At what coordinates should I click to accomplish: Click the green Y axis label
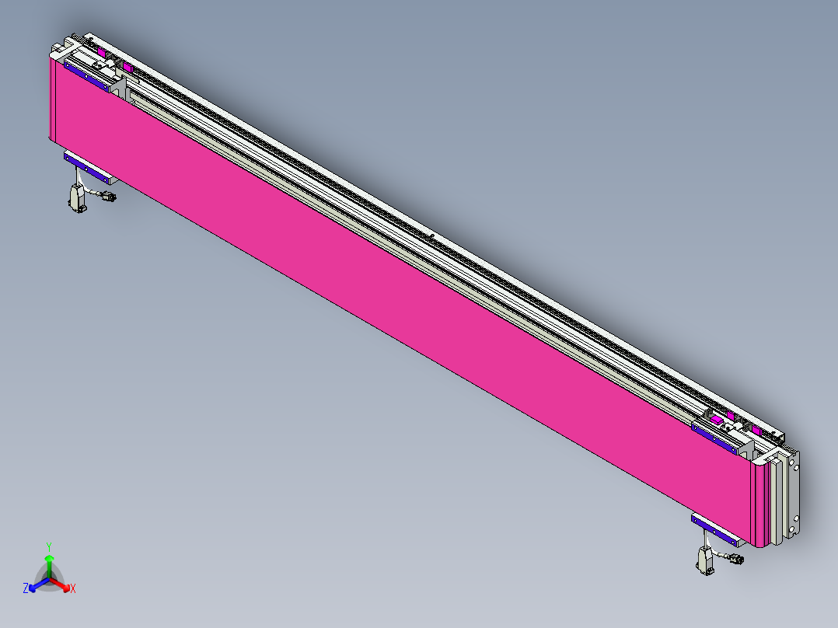click(x=48, y=546)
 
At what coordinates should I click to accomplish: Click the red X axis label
click(x=73, y=588)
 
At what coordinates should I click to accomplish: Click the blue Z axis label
click(x=26, y=588)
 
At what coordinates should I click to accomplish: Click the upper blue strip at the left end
click(x=86, y=76)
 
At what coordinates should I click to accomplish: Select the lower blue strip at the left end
click(x=88, y=166)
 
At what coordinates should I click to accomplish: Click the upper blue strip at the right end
click(x=716, y=437)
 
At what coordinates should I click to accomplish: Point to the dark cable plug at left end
click(x=109, y=197)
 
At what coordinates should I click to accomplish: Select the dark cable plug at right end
click(x=735, y=558)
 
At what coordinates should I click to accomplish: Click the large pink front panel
click(x=389, y=295)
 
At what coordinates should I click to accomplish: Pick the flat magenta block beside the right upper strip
click(x=718, y=420)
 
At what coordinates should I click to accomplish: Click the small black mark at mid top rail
click(x=431, y=235)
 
